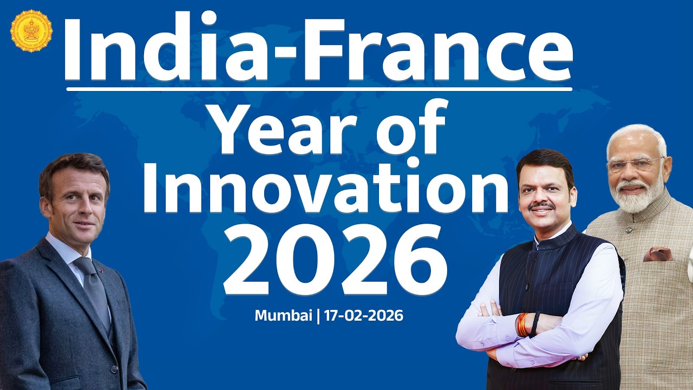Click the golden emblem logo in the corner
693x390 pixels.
[x=31, y=31]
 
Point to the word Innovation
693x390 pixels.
[x=325, y=187]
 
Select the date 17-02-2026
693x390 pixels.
[x=364, y=316]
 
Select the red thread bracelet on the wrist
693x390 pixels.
[x=522, y=324]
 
